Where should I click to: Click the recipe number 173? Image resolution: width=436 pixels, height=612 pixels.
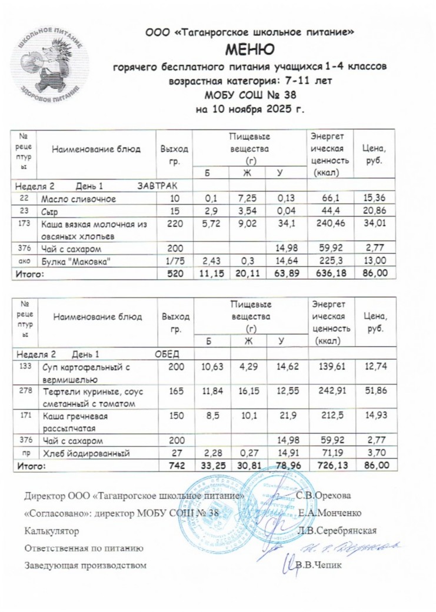click(24, 223)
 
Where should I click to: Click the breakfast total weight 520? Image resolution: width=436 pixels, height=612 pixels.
click(176, 273)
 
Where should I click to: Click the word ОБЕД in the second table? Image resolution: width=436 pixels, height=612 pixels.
click(167, 355)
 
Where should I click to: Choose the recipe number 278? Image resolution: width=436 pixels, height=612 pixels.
click(25, 390)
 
